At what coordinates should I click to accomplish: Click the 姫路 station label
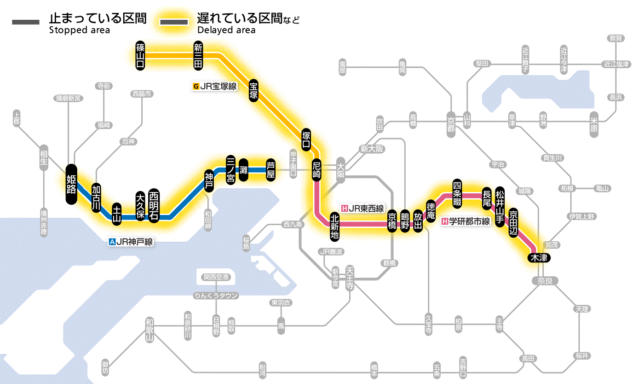tap(71, 184)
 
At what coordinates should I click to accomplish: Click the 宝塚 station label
tap(253, 91)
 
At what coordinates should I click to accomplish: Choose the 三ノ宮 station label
tap(230, 169)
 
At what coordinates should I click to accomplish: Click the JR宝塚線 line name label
tap(215, 86)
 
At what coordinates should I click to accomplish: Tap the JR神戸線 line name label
tap(131, 241)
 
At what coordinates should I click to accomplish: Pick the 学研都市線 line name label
tap(466, 221)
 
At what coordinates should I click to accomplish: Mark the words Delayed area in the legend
tap(226, 30)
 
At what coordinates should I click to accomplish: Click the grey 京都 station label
tap(451, 122)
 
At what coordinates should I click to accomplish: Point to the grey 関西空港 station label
tap(216, 277)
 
